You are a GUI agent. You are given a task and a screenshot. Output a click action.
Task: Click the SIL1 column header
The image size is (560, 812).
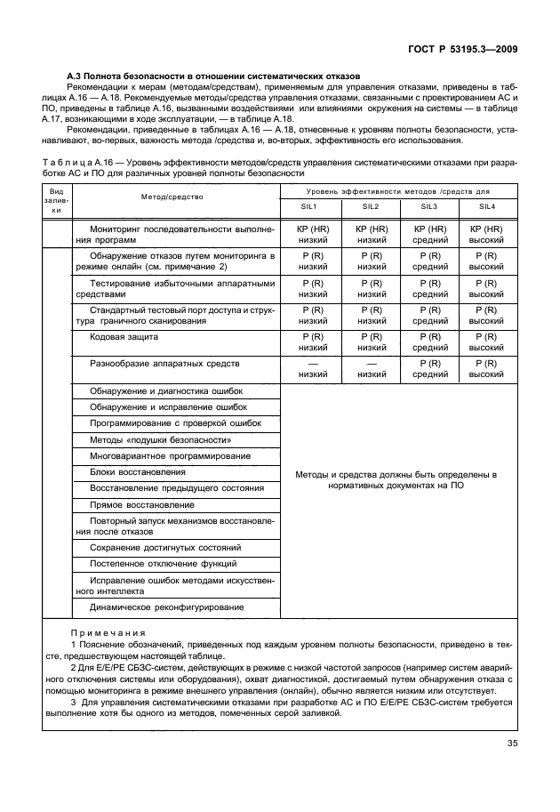click(312, 206)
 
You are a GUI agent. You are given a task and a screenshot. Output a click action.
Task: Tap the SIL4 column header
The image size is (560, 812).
click(485, 206)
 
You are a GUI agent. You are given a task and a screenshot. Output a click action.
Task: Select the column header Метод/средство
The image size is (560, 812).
click(172, 197)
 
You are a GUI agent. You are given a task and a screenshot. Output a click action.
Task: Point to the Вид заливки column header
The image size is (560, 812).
click(56, 200)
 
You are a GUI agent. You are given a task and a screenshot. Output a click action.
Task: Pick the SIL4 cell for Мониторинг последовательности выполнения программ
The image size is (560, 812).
click(485, 235)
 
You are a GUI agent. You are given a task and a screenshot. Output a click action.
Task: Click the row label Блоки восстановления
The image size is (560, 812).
click(138, 471)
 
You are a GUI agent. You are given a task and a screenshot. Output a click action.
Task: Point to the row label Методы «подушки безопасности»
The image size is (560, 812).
click(161, 439)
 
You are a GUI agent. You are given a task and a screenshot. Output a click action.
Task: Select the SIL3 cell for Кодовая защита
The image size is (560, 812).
click(428, 342)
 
